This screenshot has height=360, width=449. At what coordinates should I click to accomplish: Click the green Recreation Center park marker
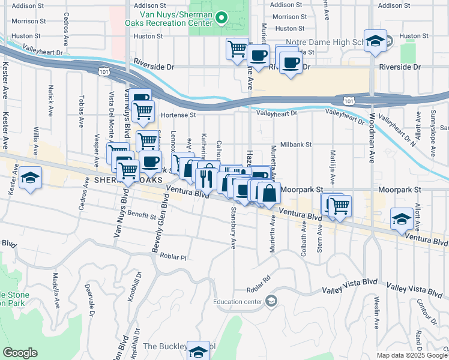click(221, 17)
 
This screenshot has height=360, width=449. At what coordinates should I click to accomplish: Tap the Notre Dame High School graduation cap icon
click(375, 41)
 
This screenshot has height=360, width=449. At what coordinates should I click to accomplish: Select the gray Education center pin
click(271, 300)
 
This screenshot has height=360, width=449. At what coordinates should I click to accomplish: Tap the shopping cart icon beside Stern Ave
click(340, 206)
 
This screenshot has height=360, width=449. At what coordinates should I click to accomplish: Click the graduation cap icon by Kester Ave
click(29, 178)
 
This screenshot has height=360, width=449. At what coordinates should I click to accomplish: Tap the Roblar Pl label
click(174, 256)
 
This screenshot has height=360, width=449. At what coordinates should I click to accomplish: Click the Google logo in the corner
click(20, 353)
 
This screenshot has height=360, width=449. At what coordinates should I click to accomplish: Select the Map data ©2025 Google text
click(411, 355)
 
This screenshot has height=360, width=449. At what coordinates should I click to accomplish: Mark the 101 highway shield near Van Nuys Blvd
click(104, 72)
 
